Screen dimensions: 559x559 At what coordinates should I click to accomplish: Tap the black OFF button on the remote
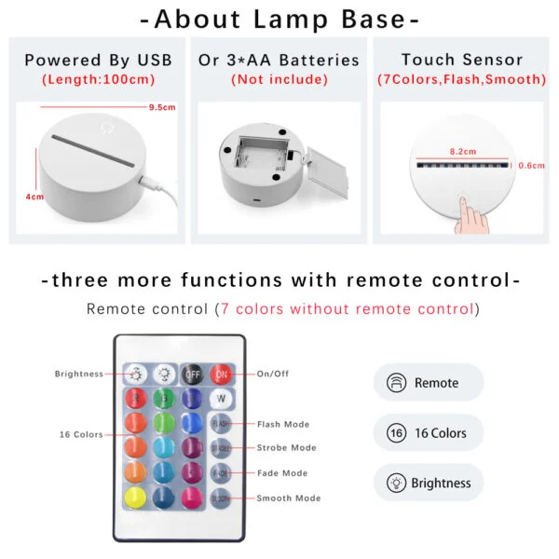coord(192,375)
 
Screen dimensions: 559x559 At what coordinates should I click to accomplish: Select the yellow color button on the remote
coord(136,496)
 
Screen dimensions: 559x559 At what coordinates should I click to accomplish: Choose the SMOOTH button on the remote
coord(221,498)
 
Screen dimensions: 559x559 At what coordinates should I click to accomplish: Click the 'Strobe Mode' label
coord(286,448)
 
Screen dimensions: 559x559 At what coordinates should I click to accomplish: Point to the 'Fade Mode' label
coord(281,473)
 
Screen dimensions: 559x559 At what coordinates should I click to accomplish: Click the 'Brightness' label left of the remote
coord(79,374)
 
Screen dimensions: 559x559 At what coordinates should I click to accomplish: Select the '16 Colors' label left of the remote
coord(80,434)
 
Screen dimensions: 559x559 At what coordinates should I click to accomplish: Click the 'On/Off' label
coord(273,374)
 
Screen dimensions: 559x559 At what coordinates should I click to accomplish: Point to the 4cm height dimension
coord(34,198)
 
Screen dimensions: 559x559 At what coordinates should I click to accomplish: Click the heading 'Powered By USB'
coord(98,61)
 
